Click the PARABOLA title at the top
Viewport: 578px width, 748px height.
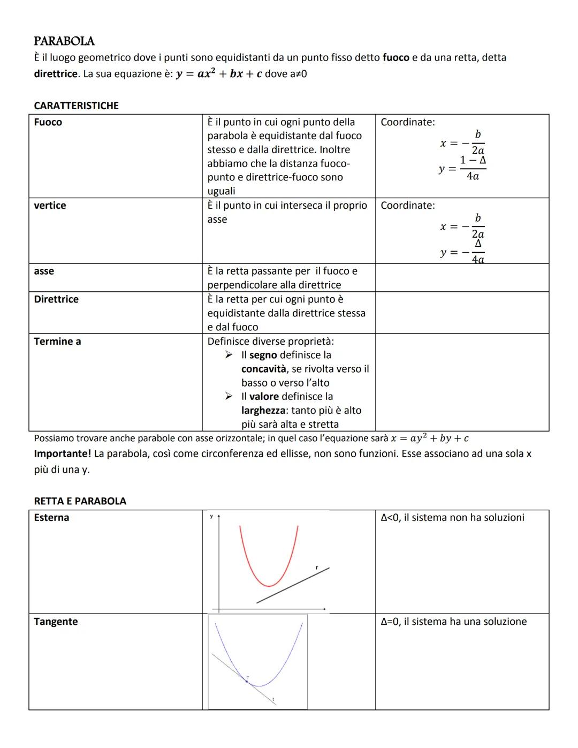pos(64,41)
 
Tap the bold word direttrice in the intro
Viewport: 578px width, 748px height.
pos(56,74)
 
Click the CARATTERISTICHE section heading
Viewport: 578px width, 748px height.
pos(76,105)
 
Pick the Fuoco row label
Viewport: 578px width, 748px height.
pos(48,122)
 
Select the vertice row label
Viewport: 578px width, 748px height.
pos(50,206)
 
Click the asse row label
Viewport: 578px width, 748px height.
pos(44,271)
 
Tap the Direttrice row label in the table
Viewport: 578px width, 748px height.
pos(56,299)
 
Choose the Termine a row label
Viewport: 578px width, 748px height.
pos(57,341)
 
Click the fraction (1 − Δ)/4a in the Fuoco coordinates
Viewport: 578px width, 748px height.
pos(473,168)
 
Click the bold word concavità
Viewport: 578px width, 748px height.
pos(264,369)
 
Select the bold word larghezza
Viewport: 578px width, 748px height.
pos(264,411)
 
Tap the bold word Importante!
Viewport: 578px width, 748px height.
pos(62,454)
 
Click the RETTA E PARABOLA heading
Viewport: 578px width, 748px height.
pos(80,501)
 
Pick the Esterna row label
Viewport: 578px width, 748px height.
pos(51,518)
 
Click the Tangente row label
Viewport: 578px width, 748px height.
pos(56,622)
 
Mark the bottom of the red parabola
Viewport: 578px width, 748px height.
pos(269,585)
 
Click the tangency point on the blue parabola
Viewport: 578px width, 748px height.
pos(247,681)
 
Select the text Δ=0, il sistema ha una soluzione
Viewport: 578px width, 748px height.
pos(453,622)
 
